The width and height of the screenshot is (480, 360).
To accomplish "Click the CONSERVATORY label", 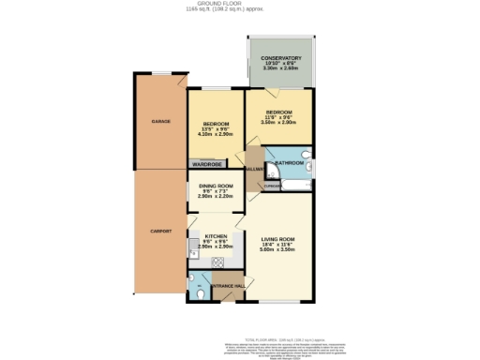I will click(280, 58).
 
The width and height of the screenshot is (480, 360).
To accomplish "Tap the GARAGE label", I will click(160, 122).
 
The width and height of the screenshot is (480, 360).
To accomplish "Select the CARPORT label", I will click(160, 231).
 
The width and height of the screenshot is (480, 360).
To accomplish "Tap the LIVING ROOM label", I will click(278, 240).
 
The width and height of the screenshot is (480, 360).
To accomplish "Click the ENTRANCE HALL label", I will click(226, 284).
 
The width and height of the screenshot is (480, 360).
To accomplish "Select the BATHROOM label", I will click(289, 163).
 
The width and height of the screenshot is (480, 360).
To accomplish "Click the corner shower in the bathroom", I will click(271, 170).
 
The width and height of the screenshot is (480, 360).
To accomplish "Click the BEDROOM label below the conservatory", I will click(277, 111).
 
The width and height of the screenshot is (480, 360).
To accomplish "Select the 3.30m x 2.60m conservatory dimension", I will click(280, 69).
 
